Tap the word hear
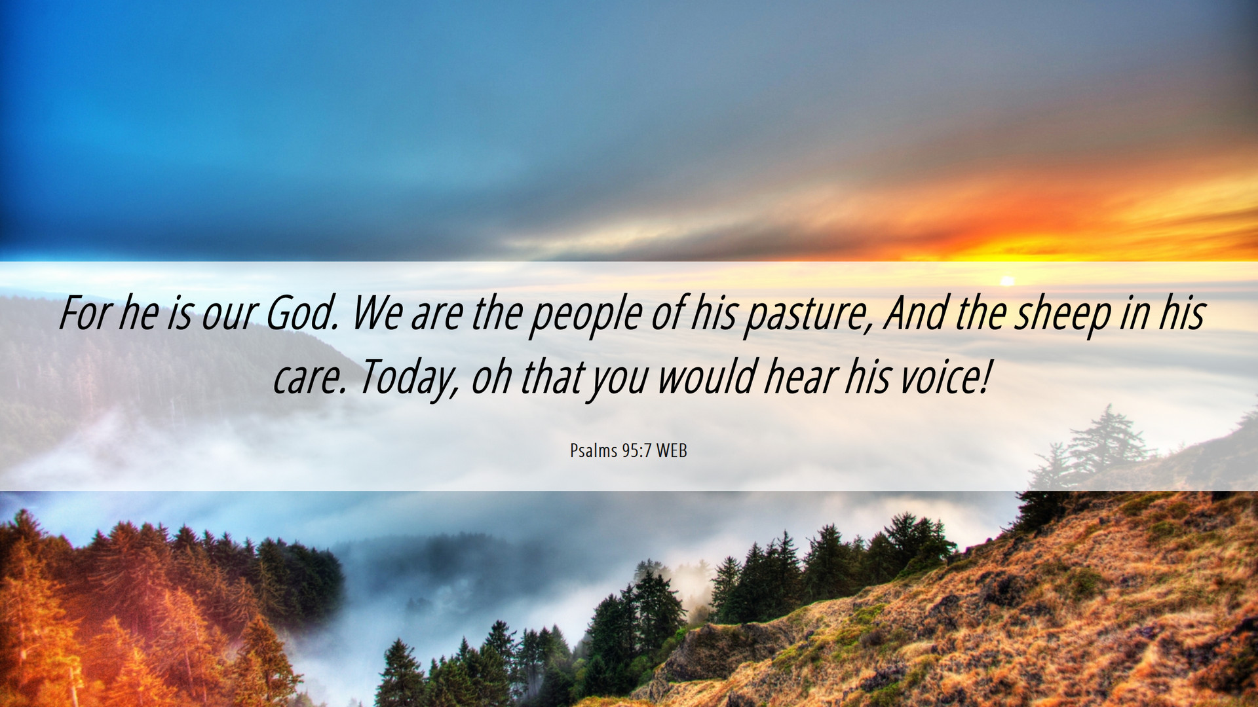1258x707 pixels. [x=801, y=377]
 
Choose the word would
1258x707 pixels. [x=707, y=377]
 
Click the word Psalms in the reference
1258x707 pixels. [x=594, y=450]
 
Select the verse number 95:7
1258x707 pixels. [x=637, y=450]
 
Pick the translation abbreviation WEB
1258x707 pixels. [x=672, y=450]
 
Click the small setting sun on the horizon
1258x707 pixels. [x=1008, y=281]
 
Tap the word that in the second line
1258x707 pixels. [x=552, y=377]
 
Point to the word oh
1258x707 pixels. [x=491, y=377]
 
